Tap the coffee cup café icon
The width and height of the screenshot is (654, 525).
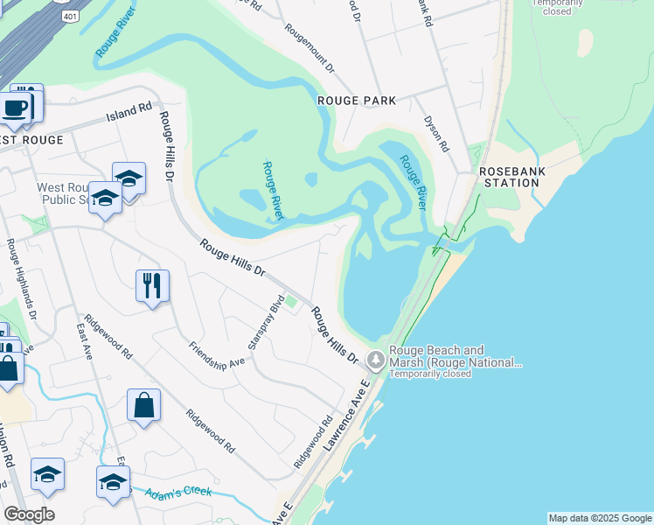pos(15,108)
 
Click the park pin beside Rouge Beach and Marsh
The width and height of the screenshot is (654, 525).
pos(376,359)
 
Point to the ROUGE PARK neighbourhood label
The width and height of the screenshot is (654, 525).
pos(357,101)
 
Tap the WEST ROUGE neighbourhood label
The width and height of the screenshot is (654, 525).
pos(31,140)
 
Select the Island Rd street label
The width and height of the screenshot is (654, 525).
pos(129,112)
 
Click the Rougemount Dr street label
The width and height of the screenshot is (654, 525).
pos(310,47)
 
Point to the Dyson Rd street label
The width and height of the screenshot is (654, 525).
pos(435,134)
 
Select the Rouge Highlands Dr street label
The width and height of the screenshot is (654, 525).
pos(22,278)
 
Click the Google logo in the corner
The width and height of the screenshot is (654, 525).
pos(29,514)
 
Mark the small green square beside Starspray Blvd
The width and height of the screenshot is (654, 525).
pos(291,304)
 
